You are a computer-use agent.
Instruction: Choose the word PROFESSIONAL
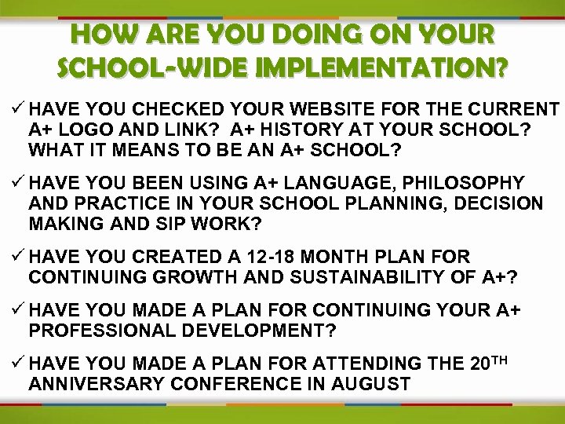[98, 331]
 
